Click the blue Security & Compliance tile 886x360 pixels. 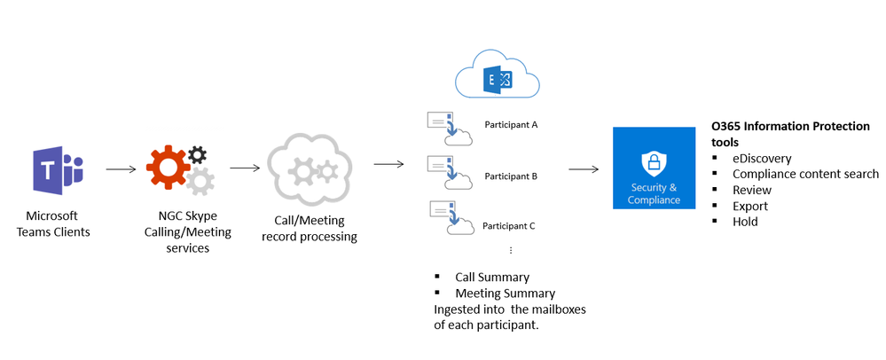654,168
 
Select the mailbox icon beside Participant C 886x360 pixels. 449,219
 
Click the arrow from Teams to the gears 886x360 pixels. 120,167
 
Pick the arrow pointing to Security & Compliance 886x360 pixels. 582,167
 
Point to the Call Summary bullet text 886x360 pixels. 492,277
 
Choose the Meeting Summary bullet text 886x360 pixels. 505,293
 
